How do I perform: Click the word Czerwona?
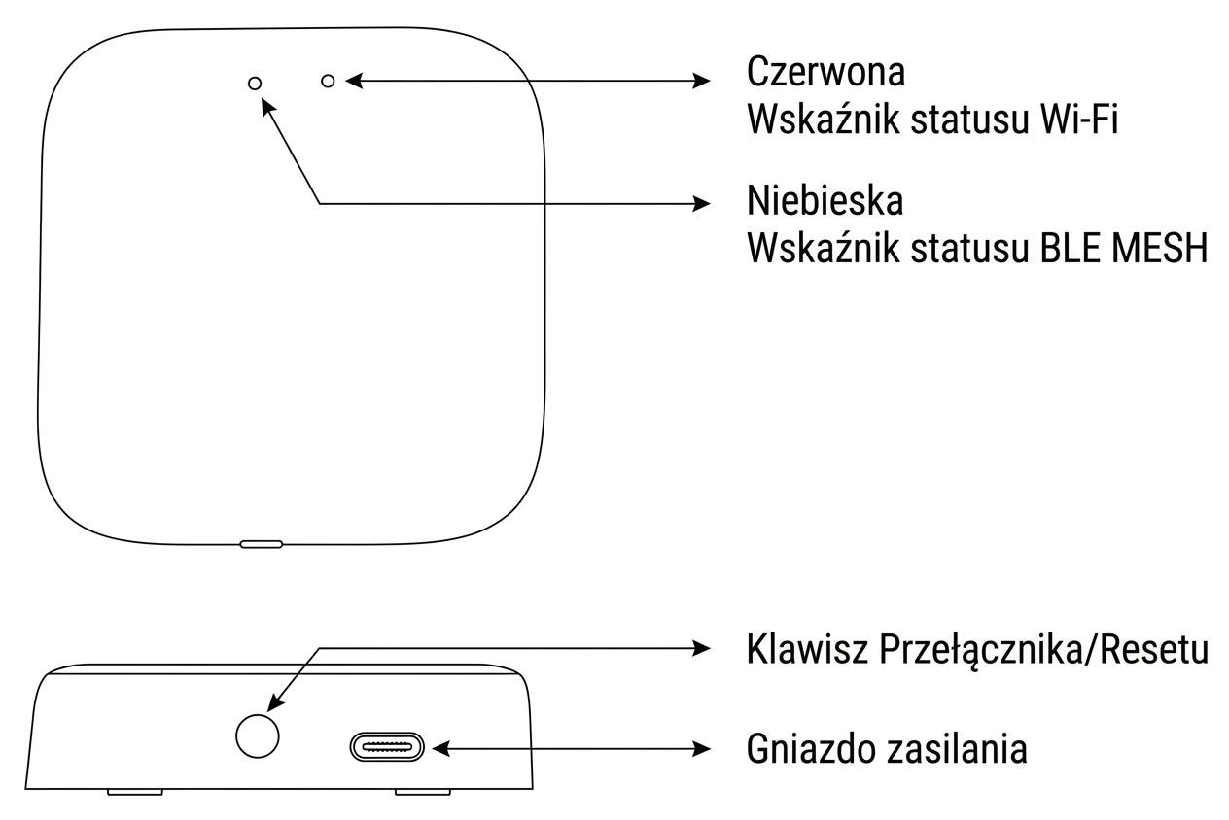825,72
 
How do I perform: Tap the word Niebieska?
825,201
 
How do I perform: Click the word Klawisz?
806,650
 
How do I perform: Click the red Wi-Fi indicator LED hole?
328,82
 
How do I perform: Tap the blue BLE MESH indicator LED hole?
255,84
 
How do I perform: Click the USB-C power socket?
387,748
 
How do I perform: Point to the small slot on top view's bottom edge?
262,544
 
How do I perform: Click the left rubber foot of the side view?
134,792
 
